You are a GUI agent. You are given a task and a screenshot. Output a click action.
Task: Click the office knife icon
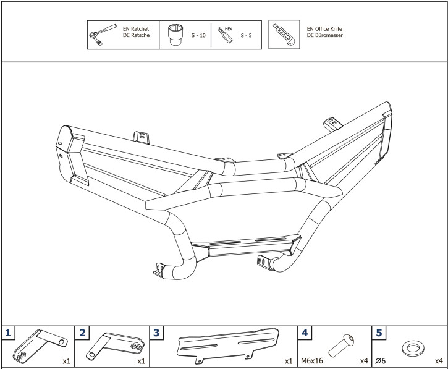[x=284, y=35]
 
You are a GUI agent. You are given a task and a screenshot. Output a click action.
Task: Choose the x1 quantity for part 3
[x=288, y=360]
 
